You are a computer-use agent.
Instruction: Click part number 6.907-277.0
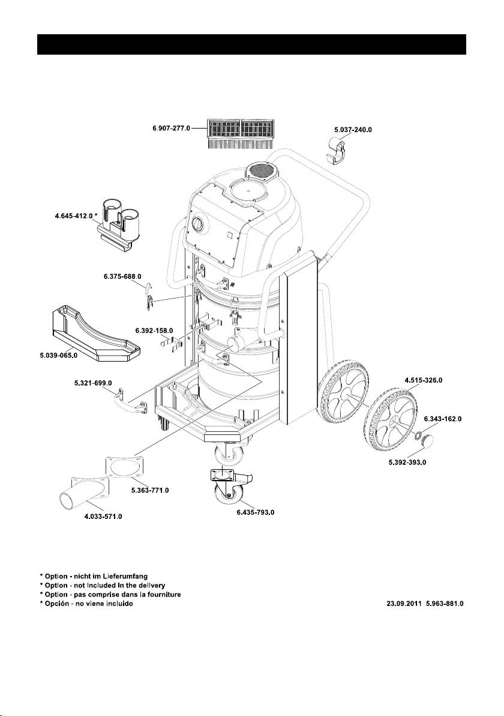click(171, 129)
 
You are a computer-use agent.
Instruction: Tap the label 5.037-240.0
click(353, 130)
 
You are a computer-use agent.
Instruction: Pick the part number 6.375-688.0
click(122, 276)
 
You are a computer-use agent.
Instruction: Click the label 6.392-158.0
click(154, 330)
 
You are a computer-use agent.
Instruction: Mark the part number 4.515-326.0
click(424, 380)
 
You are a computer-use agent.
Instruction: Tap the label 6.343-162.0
click(443, 419)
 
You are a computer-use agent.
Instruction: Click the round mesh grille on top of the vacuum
click(262, 172)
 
